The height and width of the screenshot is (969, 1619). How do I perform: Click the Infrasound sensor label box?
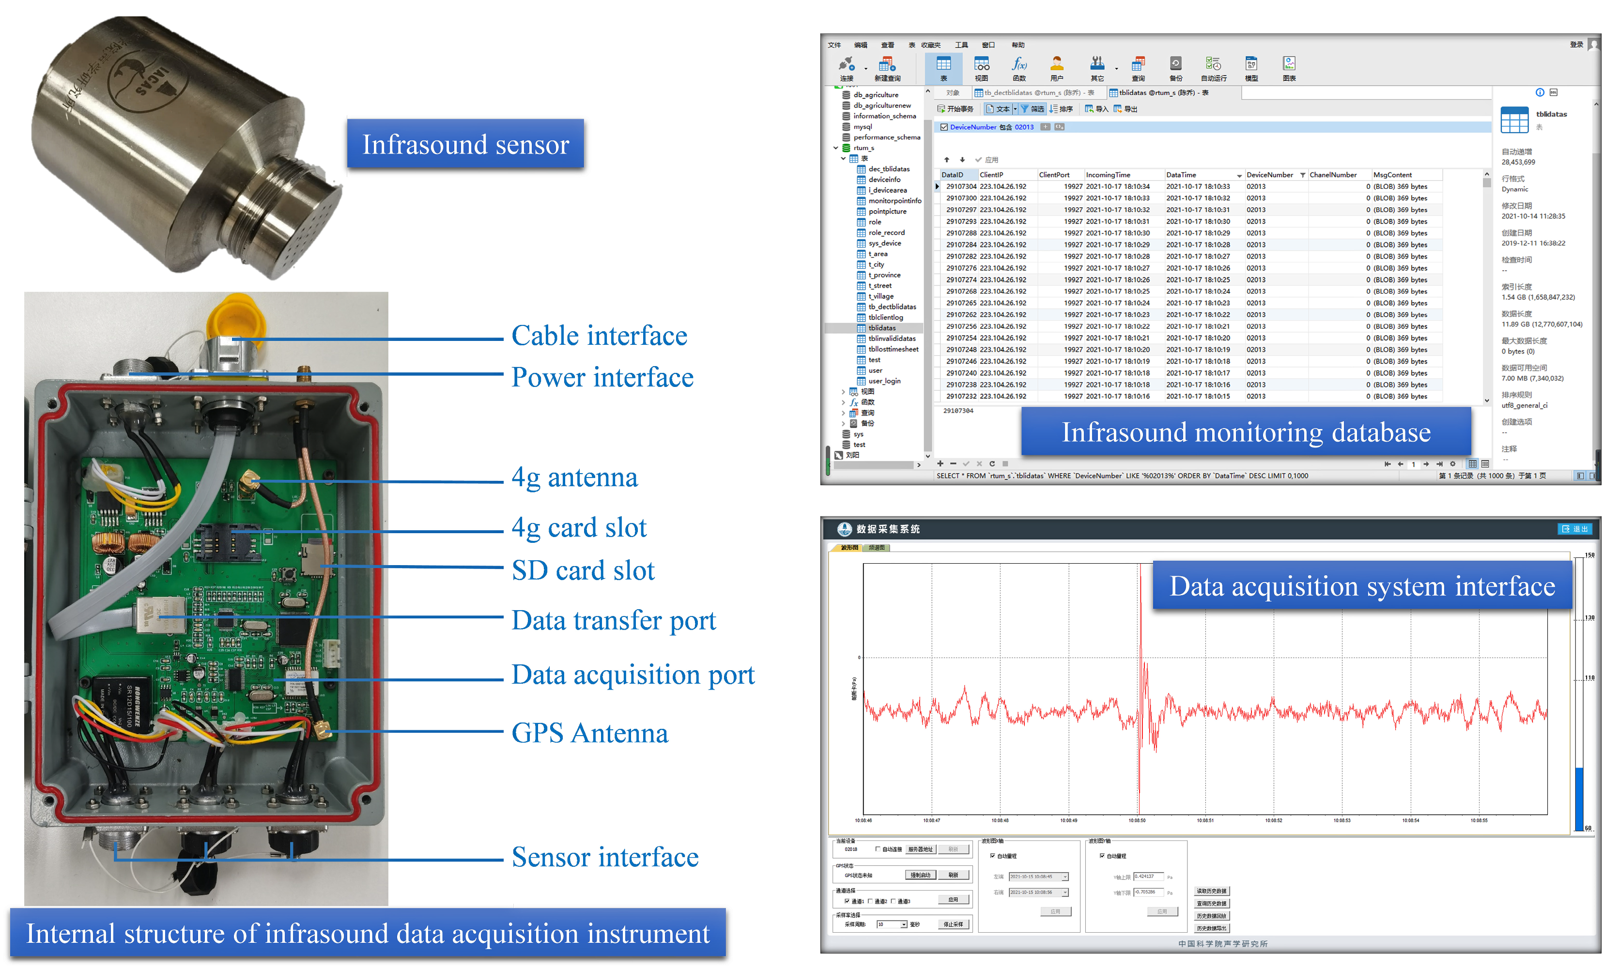coord(465,144)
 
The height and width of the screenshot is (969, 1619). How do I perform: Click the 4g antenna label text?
coord(574,477)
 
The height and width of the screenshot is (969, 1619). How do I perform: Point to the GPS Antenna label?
coord(589,733)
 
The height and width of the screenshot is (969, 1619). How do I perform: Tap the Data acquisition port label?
coord(632,675)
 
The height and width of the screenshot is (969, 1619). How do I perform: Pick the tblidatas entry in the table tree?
coord(882,328)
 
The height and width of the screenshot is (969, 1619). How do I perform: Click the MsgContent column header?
coord(1392,175)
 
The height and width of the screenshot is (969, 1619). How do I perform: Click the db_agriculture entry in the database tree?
coord(876,95)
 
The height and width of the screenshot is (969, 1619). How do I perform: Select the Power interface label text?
coord(602,377)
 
